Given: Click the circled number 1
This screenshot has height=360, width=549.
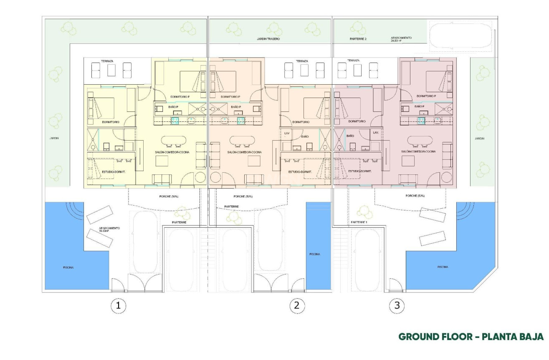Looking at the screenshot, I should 118,306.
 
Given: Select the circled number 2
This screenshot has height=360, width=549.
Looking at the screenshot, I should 296,306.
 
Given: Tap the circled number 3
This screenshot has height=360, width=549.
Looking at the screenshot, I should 397,306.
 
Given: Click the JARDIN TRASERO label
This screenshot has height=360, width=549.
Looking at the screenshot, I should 268,39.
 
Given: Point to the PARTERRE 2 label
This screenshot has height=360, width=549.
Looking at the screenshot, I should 358,39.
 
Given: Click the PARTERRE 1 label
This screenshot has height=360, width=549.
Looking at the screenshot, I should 359,222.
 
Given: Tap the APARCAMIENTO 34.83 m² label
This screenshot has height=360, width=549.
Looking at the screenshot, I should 401,39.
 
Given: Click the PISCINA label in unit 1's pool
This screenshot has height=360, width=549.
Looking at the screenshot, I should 68,267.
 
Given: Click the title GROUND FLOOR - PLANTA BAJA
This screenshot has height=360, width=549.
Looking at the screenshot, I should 471,337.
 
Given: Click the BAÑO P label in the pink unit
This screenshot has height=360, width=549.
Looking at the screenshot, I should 420,107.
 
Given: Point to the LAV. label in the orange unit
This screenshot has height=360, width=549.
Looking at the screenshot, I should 287,133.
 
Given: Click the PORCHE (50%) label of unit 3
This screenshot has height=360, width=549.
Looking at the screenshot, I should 415,196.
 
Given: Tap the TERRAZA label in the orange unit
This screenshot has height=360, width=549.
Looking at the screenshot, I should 302,61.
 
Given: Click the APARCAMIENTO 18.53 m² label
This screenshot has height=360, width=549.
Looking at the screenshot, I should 109,229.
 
